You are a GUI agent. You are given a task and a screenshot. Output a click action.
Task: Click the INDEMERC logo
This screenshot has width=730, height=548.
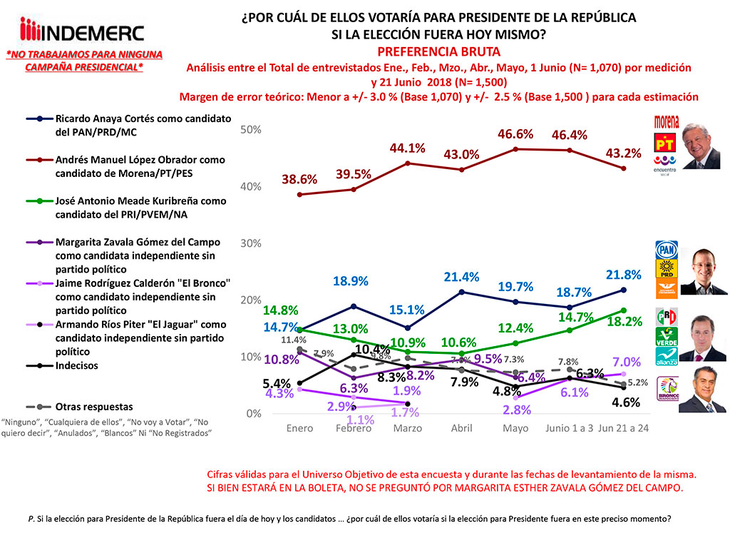click(82, 31)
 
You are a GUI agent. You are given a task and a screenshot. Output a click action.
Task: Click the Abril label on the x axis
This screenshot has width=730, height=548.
click(462, 428)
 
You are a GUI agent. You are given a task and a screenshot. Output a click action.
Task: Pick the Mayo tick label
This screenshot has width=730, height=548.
click(515, 428)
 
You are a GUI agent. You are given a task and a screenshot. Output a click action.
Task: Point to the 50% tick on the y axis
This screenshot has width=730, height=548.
click(250, 130)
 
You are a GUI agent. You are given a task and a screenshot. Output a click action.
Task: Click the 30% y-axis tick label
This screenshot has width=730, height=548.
click(250, 243)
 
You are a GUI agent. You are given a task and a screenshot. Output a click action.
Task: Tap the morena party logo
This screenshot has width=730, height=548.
click(667, 121)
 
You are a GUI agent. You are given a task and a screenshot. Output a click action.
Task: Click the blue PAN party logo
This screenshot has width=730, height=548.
click(666, 250)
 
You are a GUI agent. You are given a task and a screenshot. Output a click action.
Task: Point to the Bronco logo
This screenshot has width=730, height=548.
click(666, 395)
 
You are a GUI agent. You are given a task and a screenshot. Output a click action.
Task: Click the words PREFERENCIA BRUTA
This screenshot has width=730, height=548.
click(438, 51)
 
